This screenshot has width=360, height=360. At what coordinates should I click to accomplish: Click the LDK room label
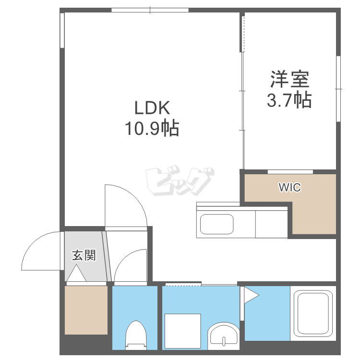point(152,108)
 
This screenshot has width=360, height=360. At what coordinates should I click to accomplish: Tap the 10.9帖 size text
point(152,128)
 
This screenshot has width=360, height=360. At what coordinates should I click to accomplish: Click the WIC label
point(290,188)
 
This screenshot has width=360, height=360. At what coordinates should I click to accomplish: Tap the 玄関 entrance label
point(84,255)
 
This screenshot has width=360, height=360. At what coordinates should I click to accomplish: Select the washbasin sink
point(224,334)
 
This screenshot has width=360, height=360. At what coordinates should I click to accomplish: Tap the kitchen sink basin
point(216,224)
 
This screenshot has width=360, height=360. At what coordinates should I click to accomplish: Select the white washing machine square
point(182,330)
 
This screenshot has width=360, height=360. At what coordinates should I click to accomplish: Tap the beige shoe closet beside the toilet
point(86,310)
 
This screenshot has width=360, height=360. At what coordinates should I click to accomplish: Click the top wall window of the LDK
point(150,10)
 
